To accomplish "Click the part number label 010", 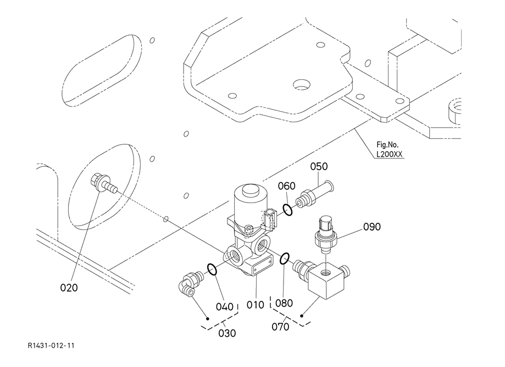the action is point(255,305).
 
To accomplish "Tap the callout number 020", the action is point(69,288).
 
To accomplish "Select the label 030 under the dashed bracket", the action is point(227,333).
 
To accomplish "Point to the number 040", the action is point(225,306).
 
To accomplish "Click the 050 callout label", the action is point(319,166).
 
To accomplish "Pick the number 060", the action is point(287,186).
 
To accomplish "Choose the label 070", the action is point(280,327).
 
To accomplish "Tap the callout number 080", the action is point(284,303).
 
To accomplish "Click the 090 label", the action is point(372,227).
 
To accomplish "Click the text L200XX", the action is point(390,155).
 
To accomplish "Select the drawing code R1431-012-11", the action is point(51,346).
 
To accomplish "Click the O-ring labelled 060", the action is point(287,210).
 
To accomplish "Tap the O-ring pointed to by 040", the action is point(212,269).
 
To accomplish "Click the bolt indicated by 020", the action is point(104,184).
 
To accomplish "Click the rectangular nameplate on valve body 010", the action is point(261,269).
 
